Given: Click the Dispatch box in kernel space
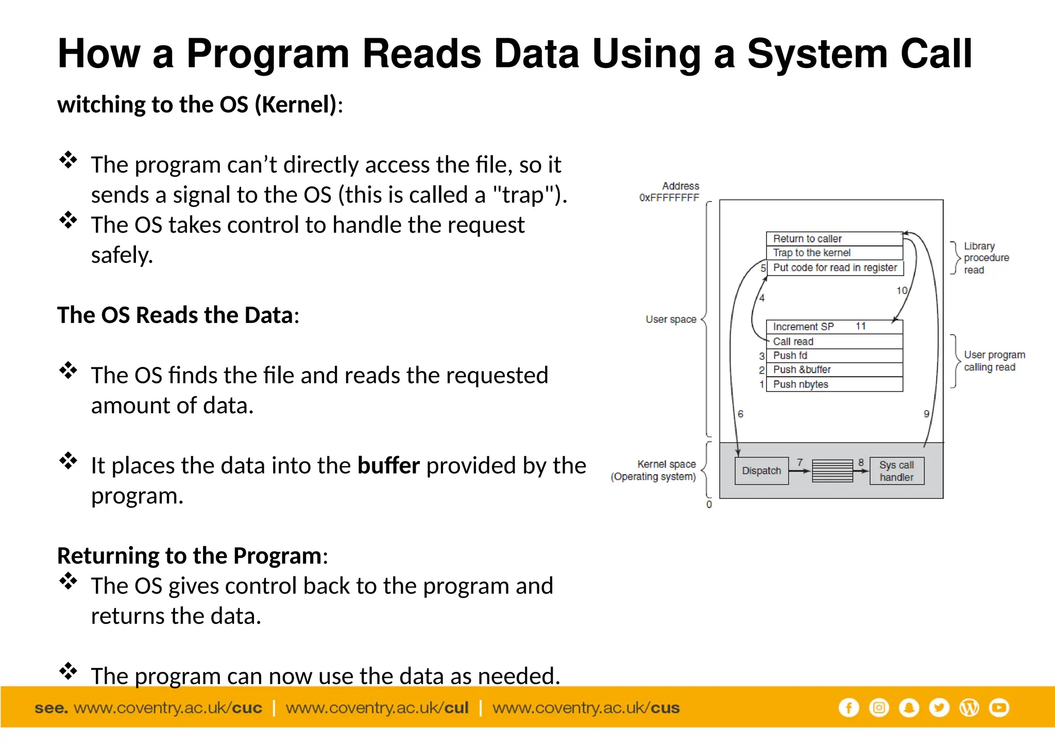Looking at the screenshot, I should pos(761,470).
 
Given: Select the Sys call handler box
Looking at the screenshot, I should pos(896,471).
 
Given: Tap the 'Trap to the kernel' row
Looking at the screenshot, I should pos(834,253).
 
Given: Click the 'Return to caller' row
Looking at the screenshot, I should pos(834,239).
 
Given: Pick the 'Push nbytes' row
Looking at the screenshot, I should pos(834,384).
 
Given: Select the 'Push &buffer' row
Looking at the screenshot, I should pos(834,369).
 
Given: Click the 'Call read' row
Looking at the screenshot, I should pos(834,342).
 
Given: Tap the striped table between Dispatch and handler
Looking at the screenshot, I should pos(832,471).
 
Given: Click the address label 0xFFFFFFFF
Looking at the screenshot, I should pos(669,198).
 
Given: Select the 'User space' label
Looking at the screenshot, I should pos(671,319).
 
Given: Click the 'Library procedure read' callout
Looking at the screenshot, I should pos(985,258).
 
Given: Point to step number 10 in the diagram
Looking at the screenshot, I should pos(901,291).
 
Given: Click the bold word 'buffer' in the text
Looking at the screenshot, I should pos(388,466).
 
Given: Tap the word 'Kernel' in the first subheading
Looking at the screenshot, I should pos(296,105).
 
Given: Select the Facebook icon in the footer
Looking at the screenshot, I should pos(848,708).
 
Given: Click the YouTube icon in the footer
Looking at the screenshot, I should pos(999,708).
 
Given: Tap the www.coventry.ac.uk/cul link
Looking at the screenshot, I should pos(377,708).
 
